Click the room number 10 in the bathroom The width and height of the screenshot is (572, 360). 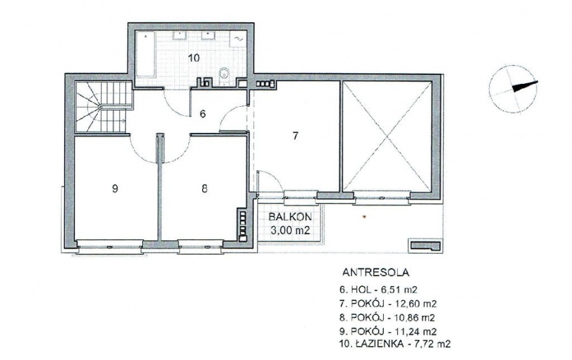coord(194,58)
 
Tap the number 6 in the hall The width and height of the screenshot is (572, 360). coord(203,114)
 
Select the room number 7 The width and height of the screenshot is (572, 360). coord(296,136)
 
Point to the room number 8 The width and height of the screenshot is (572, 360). coord(204,188)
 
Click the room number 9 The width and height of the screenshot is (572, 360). coord(115,189)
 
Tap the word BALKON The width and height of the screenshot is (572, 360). coord(290,217)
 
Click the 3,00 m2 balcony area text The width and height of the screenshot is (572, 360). coord(290,230)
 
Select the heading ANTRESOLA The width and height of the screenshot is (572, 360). coord(376,272)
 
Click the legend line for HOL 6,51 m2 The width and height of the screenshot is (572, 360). coord(378,290)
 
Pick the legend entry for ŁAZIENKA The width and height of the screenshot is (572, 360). coord(395,343)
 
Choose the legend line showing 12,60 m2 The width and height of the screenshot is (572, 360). coord(388,304)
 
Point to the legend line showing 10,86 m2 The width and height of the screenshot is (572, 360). coord(387,317)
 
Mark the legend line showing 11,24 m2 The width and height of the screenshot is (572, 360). coord(388,331)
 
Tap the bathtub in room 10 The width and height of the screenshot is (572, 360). coord(146,54)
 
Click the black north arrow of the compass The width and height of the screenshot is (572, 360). coord(525,87)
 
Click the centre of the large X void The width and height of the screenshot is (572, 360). coord(386,136)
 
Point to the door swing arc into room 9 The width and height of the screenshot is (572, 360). coord(142,151)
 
